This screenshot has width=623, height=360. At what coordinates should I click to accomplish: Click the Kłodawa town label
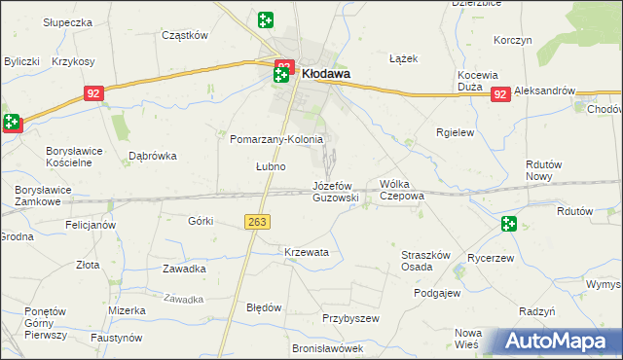326,72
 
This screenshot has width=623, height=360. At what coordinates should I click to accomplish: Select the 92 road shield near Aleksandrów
499,94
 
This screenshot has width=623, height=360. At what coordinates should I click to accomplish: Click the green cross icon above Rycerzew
508,225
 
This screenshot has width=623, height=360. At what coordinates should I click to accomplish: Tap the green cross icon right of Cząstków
266,19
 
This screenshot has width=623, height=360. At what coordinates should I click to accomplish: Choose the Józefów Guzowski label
336,191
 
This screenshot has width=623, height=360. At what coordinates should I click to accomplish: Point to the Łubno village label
270,166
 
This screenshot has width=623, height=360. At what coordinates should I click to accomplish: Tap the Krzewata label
307,252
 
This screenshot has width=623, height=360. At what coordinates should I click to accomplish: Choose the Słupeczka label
67,21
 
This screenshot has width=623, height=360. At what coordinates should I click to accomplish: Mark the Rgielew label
455,132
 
